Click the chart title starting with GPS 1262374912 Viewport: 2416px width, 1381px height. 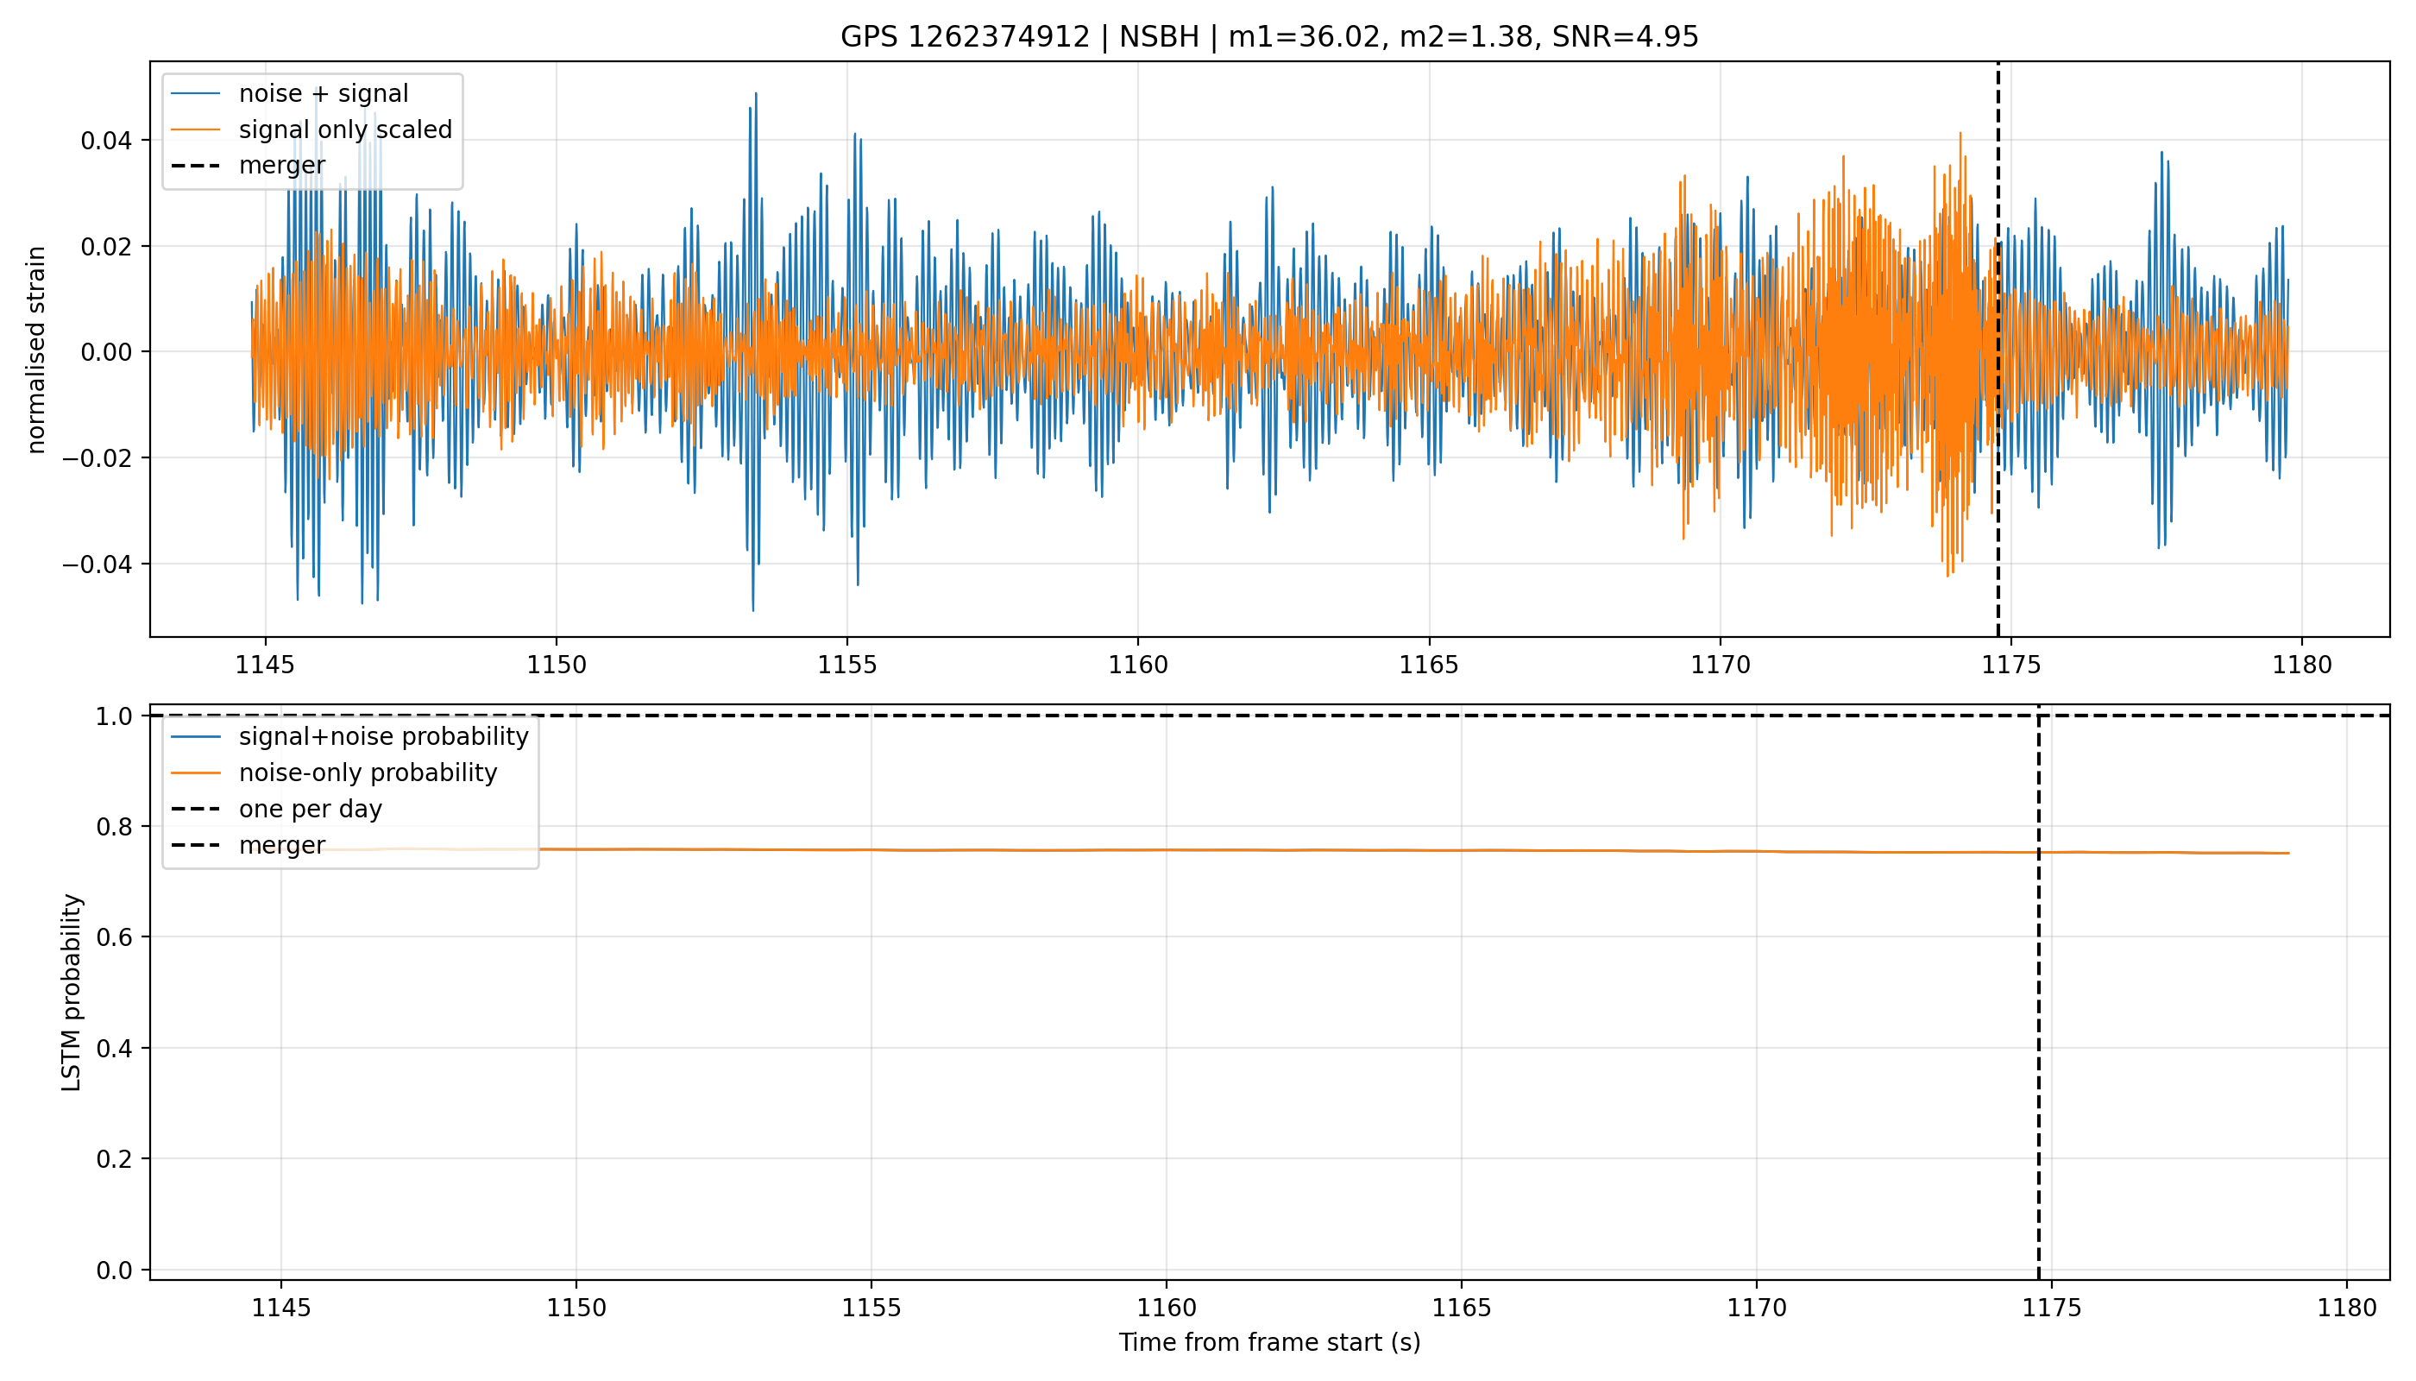[x=1268, y=37]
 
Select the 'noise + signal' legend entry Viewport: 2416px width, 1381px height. [x=289, y=94]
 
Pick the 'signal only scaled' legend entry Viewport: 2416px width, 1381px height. [x=311, y=130]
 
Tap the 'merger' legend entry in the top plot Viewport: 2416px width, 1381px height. [x=248, y=165]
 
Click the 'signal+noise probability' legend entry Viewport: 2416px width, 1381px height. [x=349, y=737]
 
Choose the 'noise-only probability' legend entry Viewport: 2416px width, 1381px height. [x=334, y=773]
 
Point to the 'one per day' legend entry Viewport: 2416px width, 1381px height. [x=276, y=809]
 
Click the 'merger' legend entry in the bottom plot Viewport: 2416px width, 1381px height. [x=248, y=845]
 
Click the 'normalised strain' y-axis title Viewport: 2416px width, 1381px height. [x=36, y=350]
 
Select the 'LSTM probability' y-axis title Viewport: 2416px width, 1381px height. [x=72, y=992]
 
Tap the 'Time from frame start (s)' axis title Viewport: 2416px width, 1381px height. [x=1268, y=1343]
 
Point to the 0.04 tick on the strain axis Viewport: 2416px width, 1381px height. [x=106, y=142]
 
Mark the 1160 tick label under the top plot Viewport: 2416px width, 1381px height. [x=1138, y=665]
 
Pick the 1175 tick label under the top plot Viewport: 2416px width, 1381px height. [x=2011, y=665]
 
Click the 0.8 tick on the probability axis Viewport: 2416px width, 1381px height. [x=115, y=827]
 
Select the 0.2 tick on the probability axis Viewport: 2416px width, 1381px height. [x=115, y=1159]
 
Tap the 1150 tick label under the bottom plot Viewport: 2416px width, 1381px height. [x=576, y=1308]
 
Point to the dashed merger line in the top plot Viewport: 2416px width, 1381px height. [x=1998, y=349]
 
